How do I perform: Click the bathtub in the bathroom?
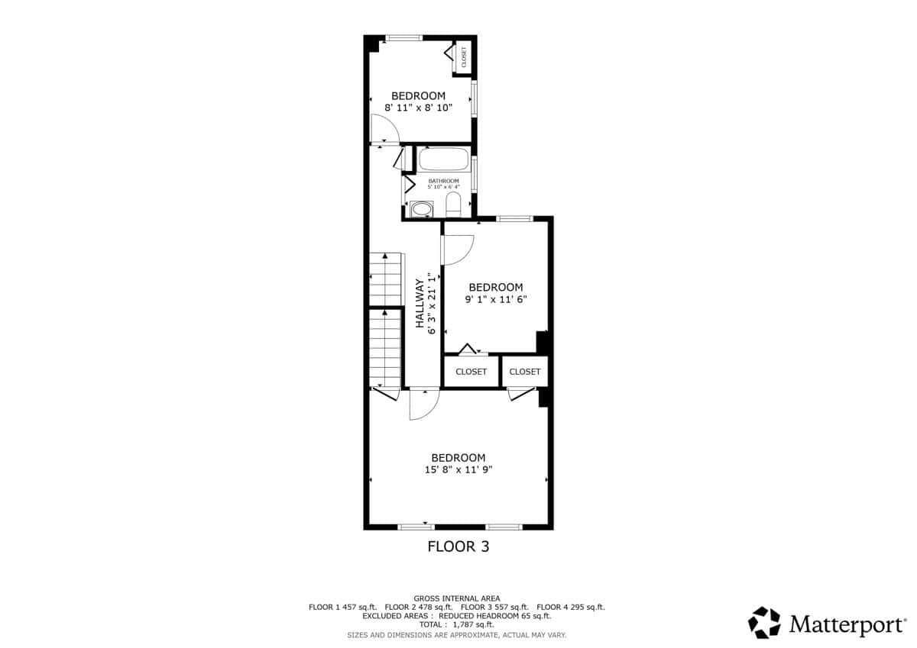coord(444,159)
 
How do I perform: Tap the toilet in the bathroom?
coord(453,204)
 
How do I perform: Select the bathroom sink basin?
coord(421,209)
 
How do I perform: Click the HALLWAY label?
coord(420,303)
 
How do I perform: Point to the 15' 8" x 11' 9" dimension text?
coord(458,469)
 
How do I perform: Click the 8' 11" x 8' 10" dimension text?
coord(419,108)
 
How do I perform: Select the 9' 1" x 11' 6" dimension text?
coord(496,299)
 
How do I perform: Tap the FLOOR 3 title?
coord(458,546)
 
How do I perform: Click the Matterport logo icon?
coord(764,622)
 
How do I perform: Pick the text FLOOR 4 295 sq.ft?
coord(571,607)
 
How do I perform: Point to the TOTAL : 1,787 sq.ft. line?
coord(456,624)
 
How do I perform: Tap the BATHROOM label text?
coord(444,181)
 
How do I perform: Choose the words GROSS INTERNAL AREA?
coord(457,598)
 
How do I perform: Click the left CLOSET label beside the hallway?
coord(471,372)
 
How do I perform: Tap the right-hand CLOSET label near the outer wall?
coord(525,372)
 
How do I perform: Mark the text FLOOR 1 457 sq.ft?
coord(342,607)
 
